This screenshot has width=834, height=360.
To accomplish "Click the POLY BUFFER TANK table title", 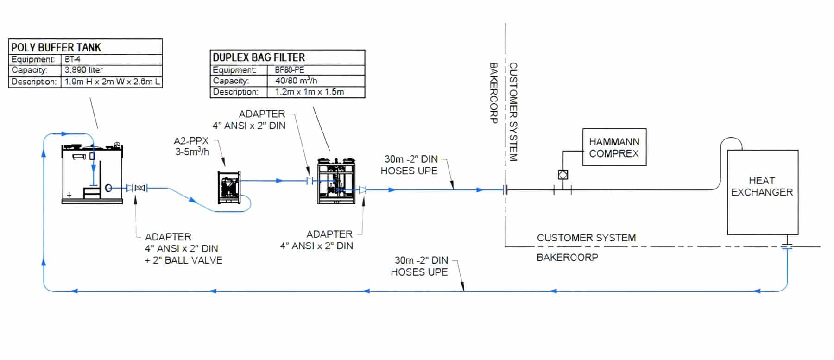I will click(56, 47).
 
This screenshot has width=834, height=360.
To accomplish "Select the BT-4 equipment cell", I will click(73, 59).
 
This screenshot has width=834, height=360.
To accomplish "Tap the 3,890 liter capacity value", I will click(84, 70).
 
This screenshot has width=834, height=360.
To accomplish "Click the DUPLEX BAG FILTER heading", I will click(259, 57).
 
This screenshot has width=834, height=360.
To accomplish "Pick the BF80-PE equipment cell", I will click(290, 70).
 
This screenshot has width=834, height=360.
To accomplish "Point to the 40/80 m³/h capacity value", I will click(296, 81).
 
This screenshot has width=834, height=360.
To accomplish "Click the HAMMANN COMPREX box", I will click(614, 147).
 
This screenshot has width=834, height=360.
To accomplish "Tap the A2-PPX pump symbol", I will click(229, 187).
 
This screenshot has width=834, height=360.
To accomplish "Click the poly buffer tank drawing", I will click(93, 174).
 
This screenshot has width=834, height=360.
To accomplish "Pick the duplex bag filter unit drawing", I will click(336, 181).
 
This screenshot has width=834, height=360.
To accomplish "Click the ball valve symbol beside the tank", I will click(139, 188).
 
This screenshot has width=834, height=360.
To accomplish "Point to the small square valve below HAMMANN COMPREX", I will click(563, 175).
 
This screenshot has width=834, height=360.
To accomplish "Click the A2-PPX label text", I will click(191, 141).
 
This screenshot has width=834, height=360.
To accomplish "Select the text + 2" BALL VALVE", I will click(183, 260).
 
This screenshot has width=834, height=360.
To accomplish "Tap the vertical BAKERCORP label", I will click(494, 93).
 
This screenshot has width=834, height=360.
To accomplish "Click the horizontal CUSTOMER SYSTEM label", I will click(586, 238).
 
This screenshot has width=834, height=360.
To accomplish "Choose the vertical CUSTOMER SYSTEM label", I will click(513, 112).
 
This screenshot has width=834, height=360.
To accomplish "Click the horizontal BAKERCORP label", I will click(567, 257).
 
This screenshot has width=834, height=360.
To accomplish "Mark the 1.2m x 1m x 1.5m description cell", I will click(310, 92).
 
